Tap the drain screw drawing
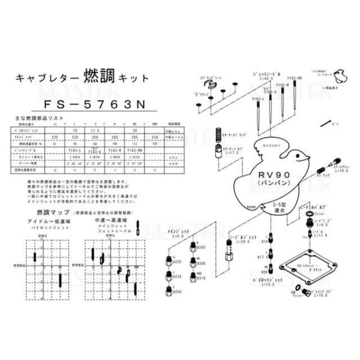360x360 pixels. tap(303, 293)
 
